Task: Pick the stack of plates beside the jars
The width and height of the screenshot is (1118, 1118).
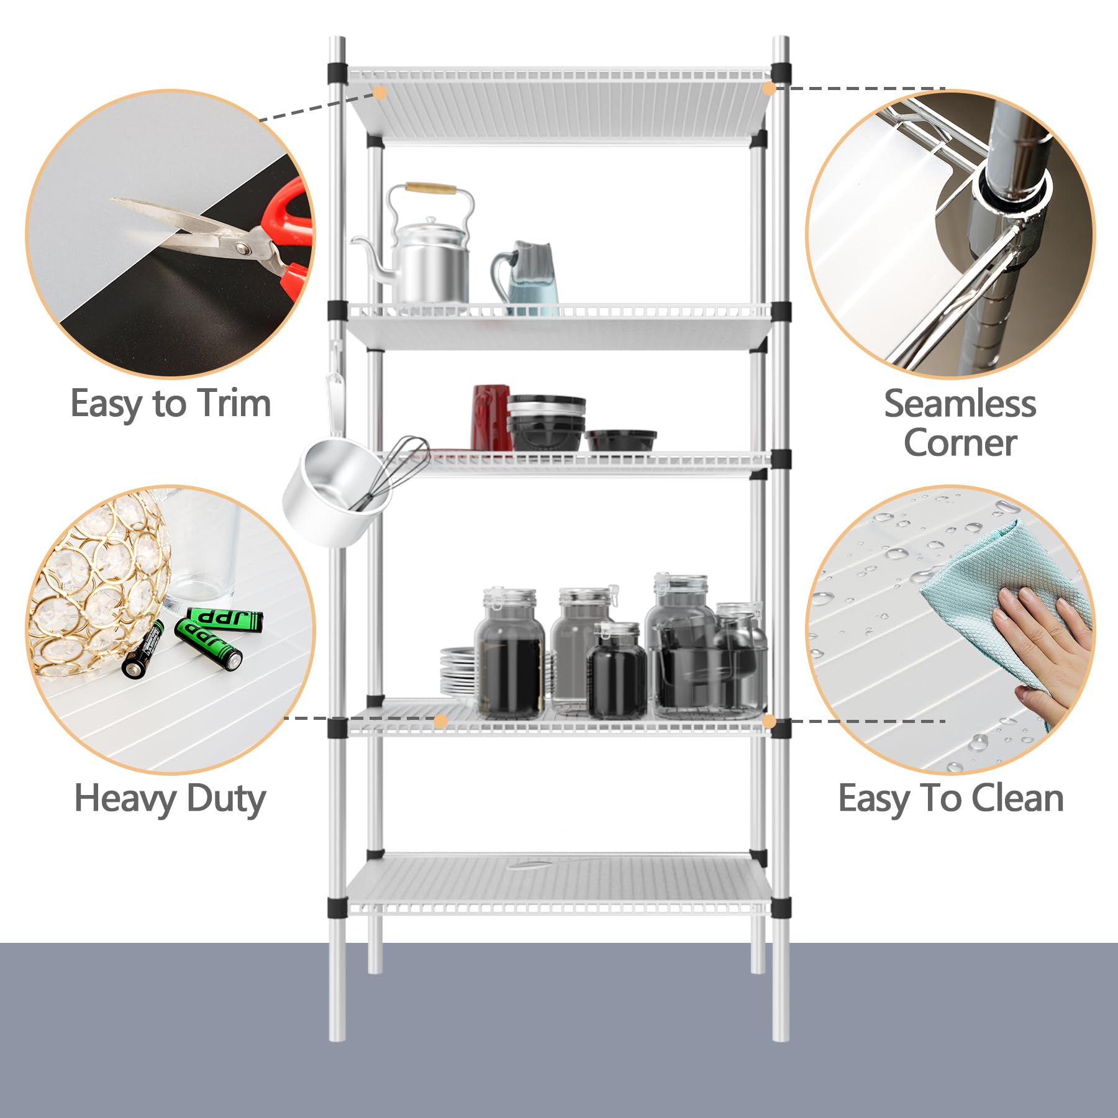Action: (x=458, y=674)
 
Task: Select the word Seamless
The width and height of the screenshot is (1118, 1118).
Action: (x=960, y=404)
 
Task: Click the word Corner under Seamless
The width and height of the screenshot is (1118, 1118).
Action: (x=960, y=443)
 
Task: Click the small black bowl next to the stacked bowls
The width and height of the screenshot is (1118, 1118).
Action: (x=620, y=440)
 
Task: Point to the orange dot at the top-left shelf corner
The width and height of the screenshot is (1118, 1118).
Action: (x=380, y=93)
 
